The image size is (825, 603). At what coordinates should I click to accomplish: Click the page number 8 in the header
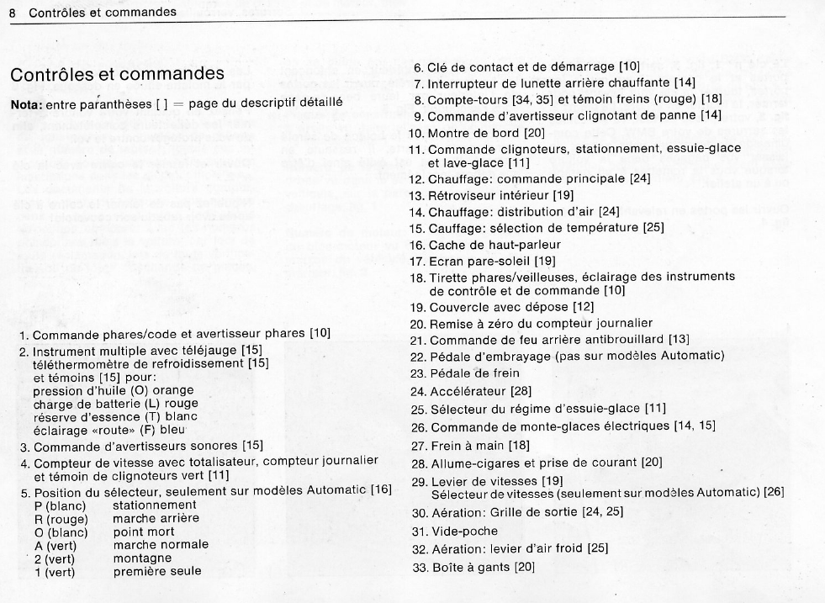pos(13,13)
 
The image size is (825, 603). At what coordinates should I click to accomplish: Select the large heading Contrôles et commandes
pos(117,75)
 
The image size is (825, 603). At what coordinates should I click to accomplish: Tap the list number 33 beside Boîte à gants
pos(419,567)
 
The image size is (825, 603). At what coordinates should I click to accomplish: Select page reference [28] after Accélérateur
pos(517,390)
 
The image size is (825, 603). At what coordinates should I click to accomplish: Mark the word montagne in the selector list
pos(140,558)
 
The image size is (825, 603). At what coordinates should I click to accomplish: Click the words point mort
pos(144,532)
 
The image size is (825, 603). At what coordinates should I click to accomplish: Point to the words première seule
pos(157,572)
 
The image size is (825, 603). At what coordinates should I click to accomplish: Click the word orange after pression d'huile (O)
pos(175,390)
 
